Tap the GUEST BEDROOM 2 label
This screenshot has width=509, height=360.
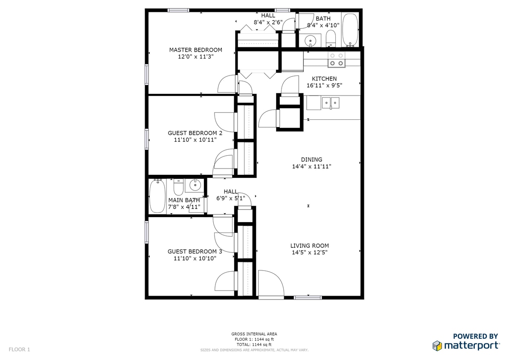coord(195,133)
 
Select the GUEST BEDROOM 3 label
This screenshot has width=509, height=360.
coord(195,252)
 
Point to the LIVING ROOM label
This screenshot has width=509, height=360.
coord(309,246)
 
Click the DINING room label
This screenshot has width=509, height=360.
coord(311,160)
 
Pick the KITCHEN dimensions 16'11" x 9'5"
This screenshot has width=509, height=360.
coord(324,85)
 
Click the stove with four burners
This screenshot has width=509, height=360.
coord(336,60)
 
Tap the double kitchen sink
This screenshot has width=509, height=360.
coord(330,102)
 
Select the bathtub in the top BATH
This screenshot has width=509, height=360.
coord(351,30)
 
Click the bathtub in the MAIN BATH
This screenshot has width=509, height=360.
coord(157,196)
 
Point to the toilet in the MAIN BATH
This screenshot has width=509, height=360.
coord(178,187)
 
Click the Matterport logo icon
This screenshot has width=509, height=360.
coord(436,345)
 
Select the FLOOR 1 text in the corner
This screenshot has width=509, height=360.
coord(19,350)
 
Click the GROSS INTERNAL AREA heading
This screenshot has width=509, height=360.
coord(254,334)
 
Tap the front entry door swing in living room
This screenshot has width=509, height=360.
coord(270,283)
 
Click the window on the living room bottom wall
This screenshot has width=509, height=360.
coord(308,297)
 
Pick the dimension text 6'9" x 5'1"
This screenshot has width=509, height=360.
coord(230,198)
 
